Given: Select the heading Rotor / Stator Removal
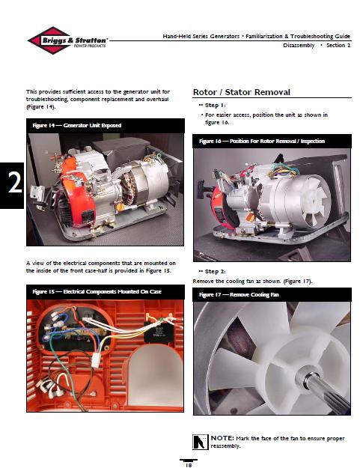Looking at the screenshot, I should [242, 91].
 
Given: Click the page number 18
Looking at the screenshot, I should [189, 464].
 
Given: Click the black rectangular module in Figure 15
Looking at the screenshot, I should [162, 332].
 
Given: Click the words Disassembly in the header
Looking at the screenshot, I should [299, 46].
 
